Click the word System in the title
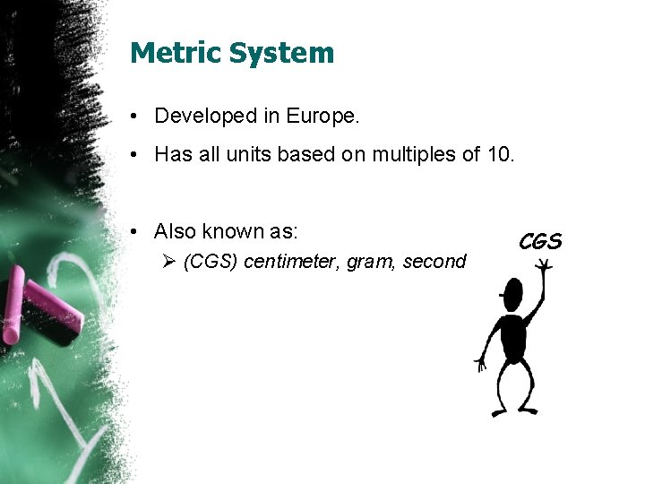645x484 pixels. coord(282,53)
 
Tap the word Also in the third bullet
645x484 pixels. coord(175,231)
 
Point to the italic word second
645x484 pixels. coord(434,262)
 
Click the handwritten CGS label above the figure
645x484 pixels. coord(540,242)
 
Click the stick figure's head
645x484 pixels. coord(512,296)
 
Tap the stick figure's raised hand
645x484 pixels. coord(543,266)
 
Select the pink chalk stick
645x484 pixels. coord(39,305)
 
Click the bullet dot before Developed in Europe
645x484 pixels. coord(133,117)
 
